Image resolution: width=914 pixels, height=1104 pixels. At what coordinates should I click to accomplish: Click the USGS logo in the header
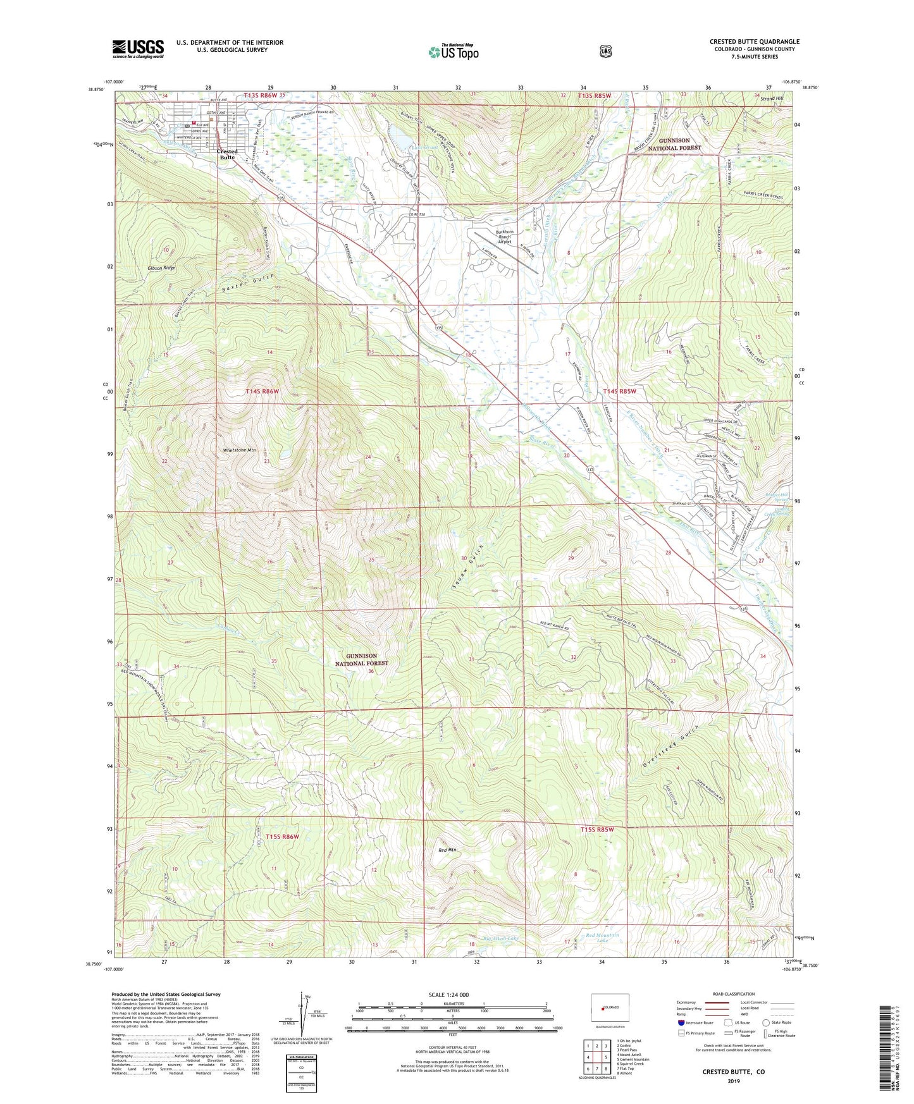[x=138, y=49]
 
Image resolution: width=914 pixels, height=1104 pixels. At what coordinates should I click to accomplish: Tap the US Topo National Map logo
[x=453, y=51]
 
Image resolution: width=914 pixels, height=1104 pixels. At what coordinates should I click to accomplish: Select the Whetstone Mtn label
[x=239, y=450]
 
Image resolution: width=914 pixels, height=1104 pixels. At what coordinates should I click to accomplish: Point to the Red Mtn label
[x=447, y=850]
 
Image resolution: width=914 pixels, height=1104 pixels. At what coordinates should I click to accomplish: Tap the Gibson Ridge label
[x=161, y=268]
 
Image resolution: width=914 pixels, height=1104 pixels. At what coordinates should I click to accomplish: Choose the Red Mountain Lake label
[x=602, y=938]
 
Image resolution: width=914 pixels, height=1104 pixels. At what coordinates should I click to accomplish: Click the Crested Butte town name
[x=227, y=154]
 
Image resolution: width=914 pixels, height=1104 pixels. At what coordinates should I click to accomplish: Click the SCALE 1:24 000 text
[x=448, y=995]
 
